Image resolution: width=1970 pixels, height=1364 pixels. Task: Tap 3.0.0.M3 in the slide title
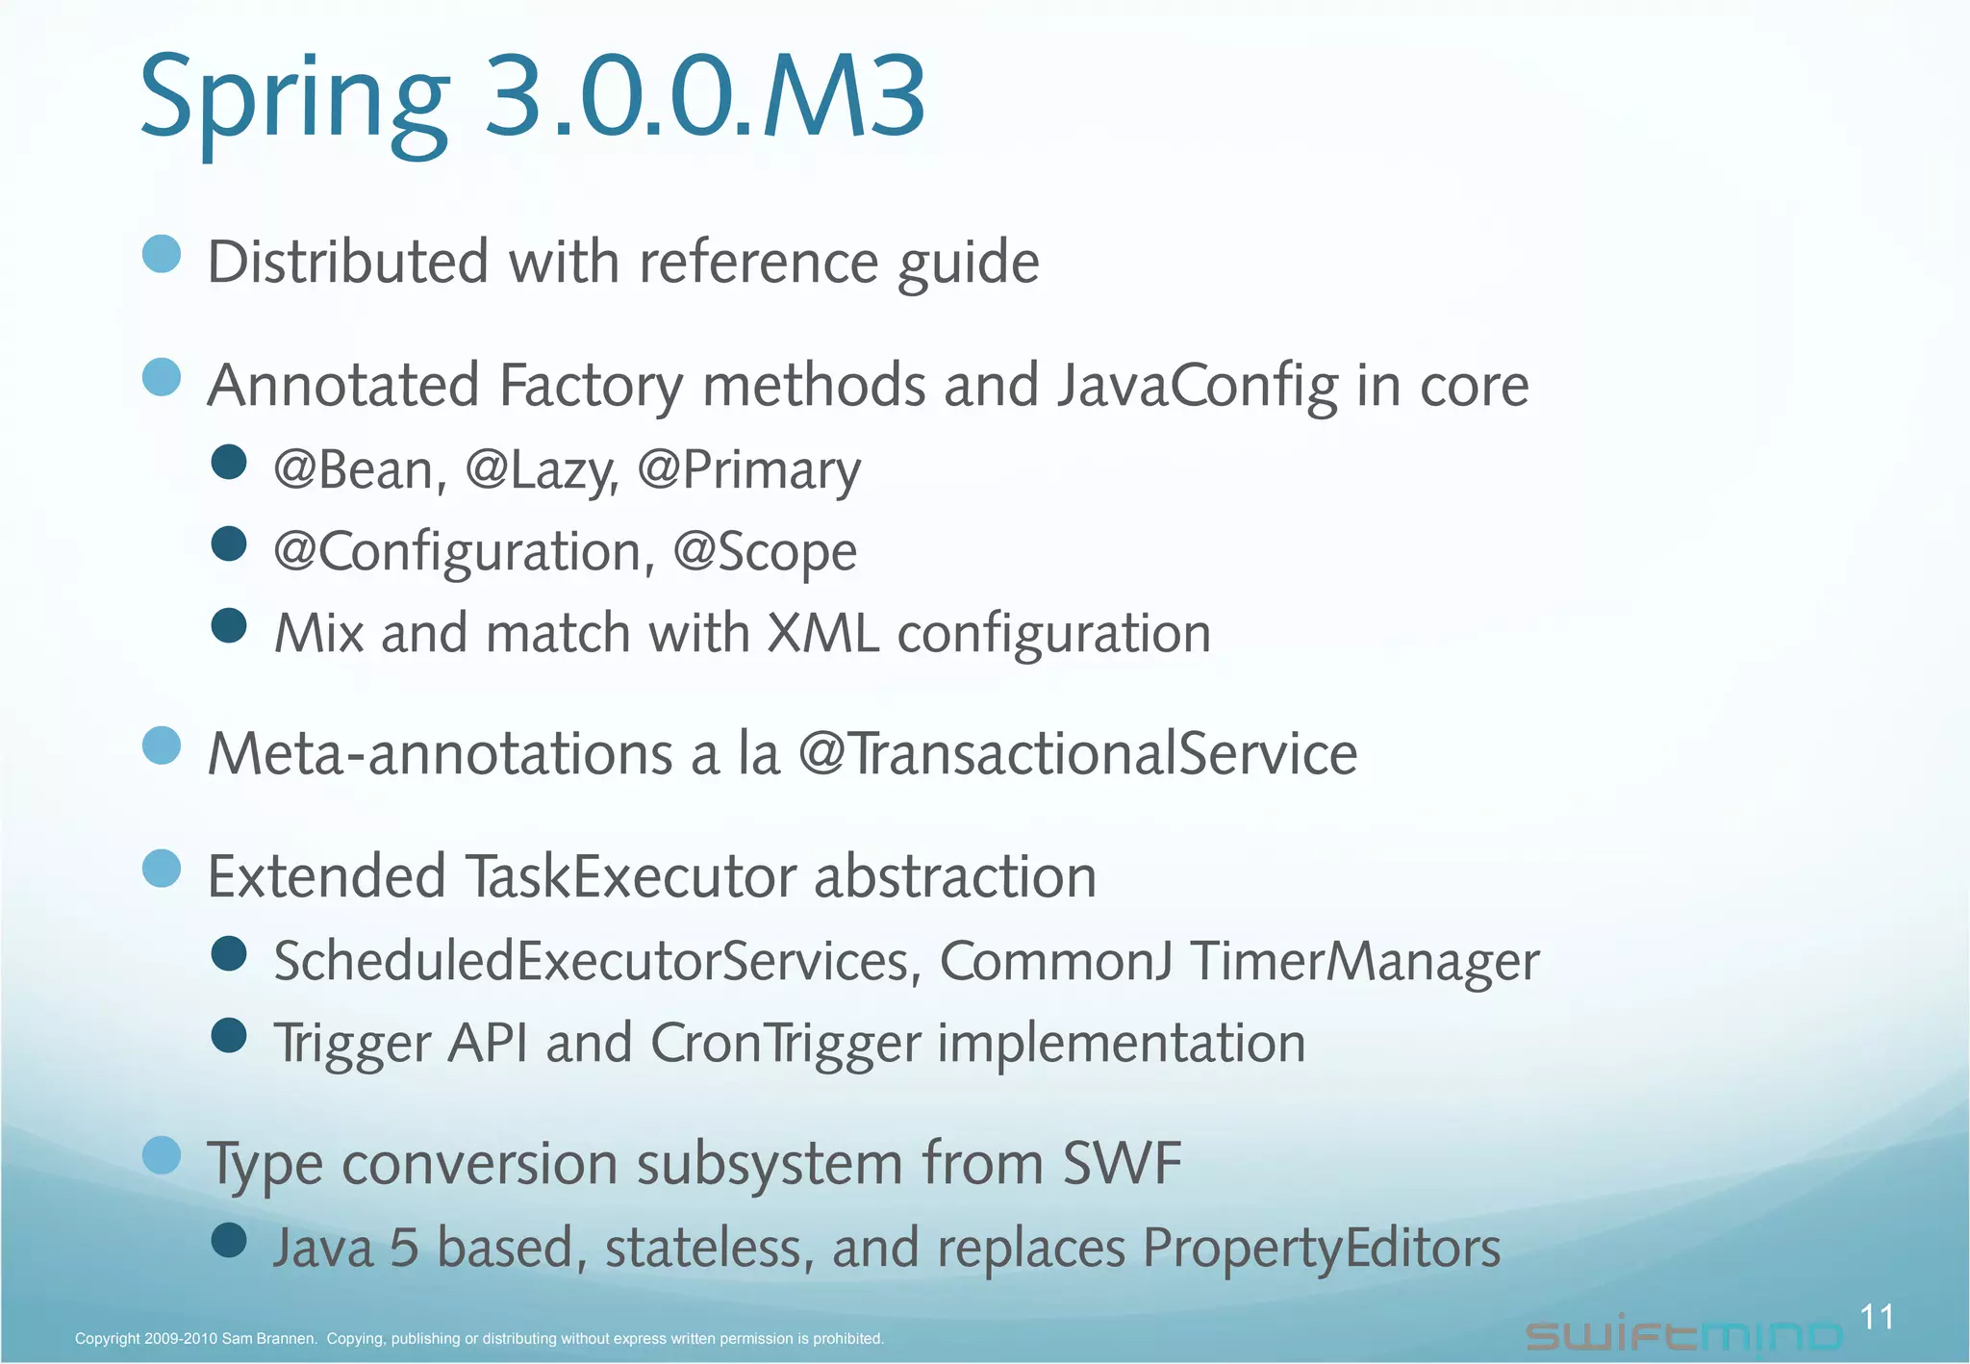[x=705, y=96]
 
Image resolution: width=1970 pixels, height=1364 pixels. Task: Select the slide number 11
[x=1877, y=1317]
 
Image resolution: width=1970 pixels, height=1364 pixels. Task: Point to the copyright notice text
[x=479, y=1338]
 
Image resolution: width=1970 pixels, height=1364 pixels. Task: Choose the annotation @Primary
[x=748, y=470]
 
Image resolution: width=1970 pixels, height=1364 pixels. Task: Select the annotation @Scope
[x=765, y=552]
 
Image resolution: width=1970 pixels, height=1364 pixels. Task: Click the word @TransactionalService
[x=1077, y=753]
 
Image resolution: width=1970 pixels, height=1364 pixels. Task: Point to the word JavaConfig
[x=1198, y=386]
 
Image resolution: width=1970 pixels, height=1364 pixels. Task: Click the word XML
[x=822, y=634]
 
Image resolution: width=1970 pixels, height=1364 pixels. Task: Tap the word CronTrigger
[x=785, y=1044]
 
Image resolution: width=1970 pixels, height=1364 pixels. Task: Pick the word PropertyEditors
[x=1322, y=1249]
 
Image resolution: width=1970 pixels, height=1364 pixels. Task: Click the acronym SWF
[x=1122, y=1163]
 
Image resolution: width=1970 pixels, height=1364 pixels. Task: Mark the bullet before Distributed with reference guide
[x=162, y=254]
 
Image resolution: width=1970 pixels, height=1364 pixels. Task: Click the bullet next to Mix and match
[x=229, y=626]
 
